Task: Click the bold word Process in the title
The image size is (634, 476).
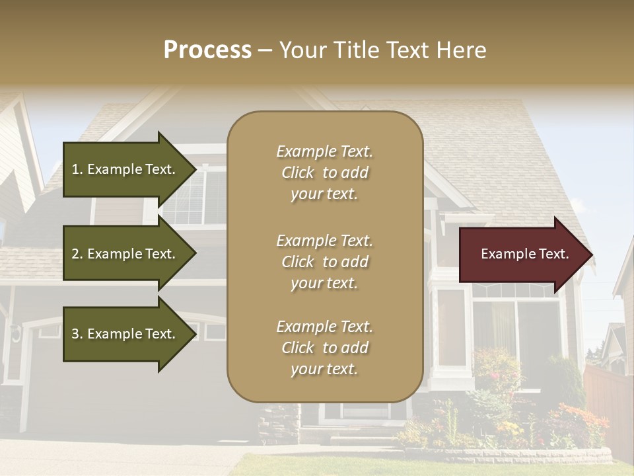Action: [x=207, y=50]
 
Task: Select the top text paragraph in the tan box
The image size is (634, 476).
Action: [x=324, y=173]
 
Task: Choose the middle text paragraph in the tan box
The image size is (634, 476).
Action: [x=324, y=262]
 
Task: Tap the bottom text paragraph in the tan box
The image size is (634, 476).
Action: [x=324, y=348]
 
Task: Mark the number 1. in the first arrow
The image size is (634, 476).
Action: [x=77, y=169]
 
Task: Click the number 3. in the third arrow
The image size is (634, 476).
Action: [x=77, y=334]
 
